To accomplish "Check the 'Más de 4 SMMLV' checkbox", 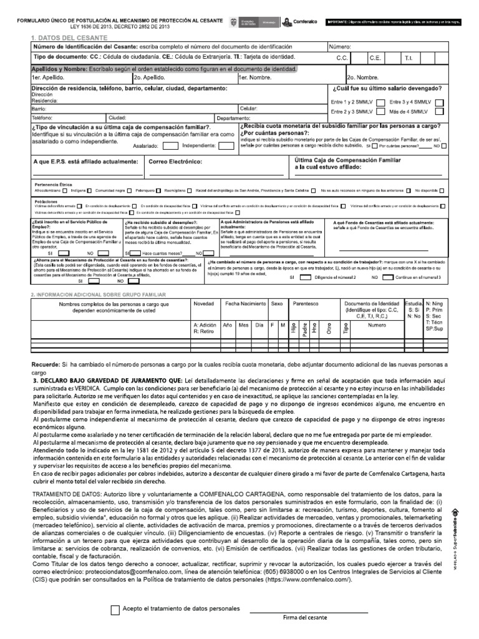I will [x=440, y=111].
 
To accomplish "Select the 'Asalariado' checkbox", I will [x=168, y=146].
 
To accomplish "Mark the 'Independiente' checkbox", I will [x=225, y=146].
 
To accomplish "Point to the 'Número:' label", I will [x=340, y=47].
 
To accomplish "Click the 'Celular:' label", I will [x=249, y=109].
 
